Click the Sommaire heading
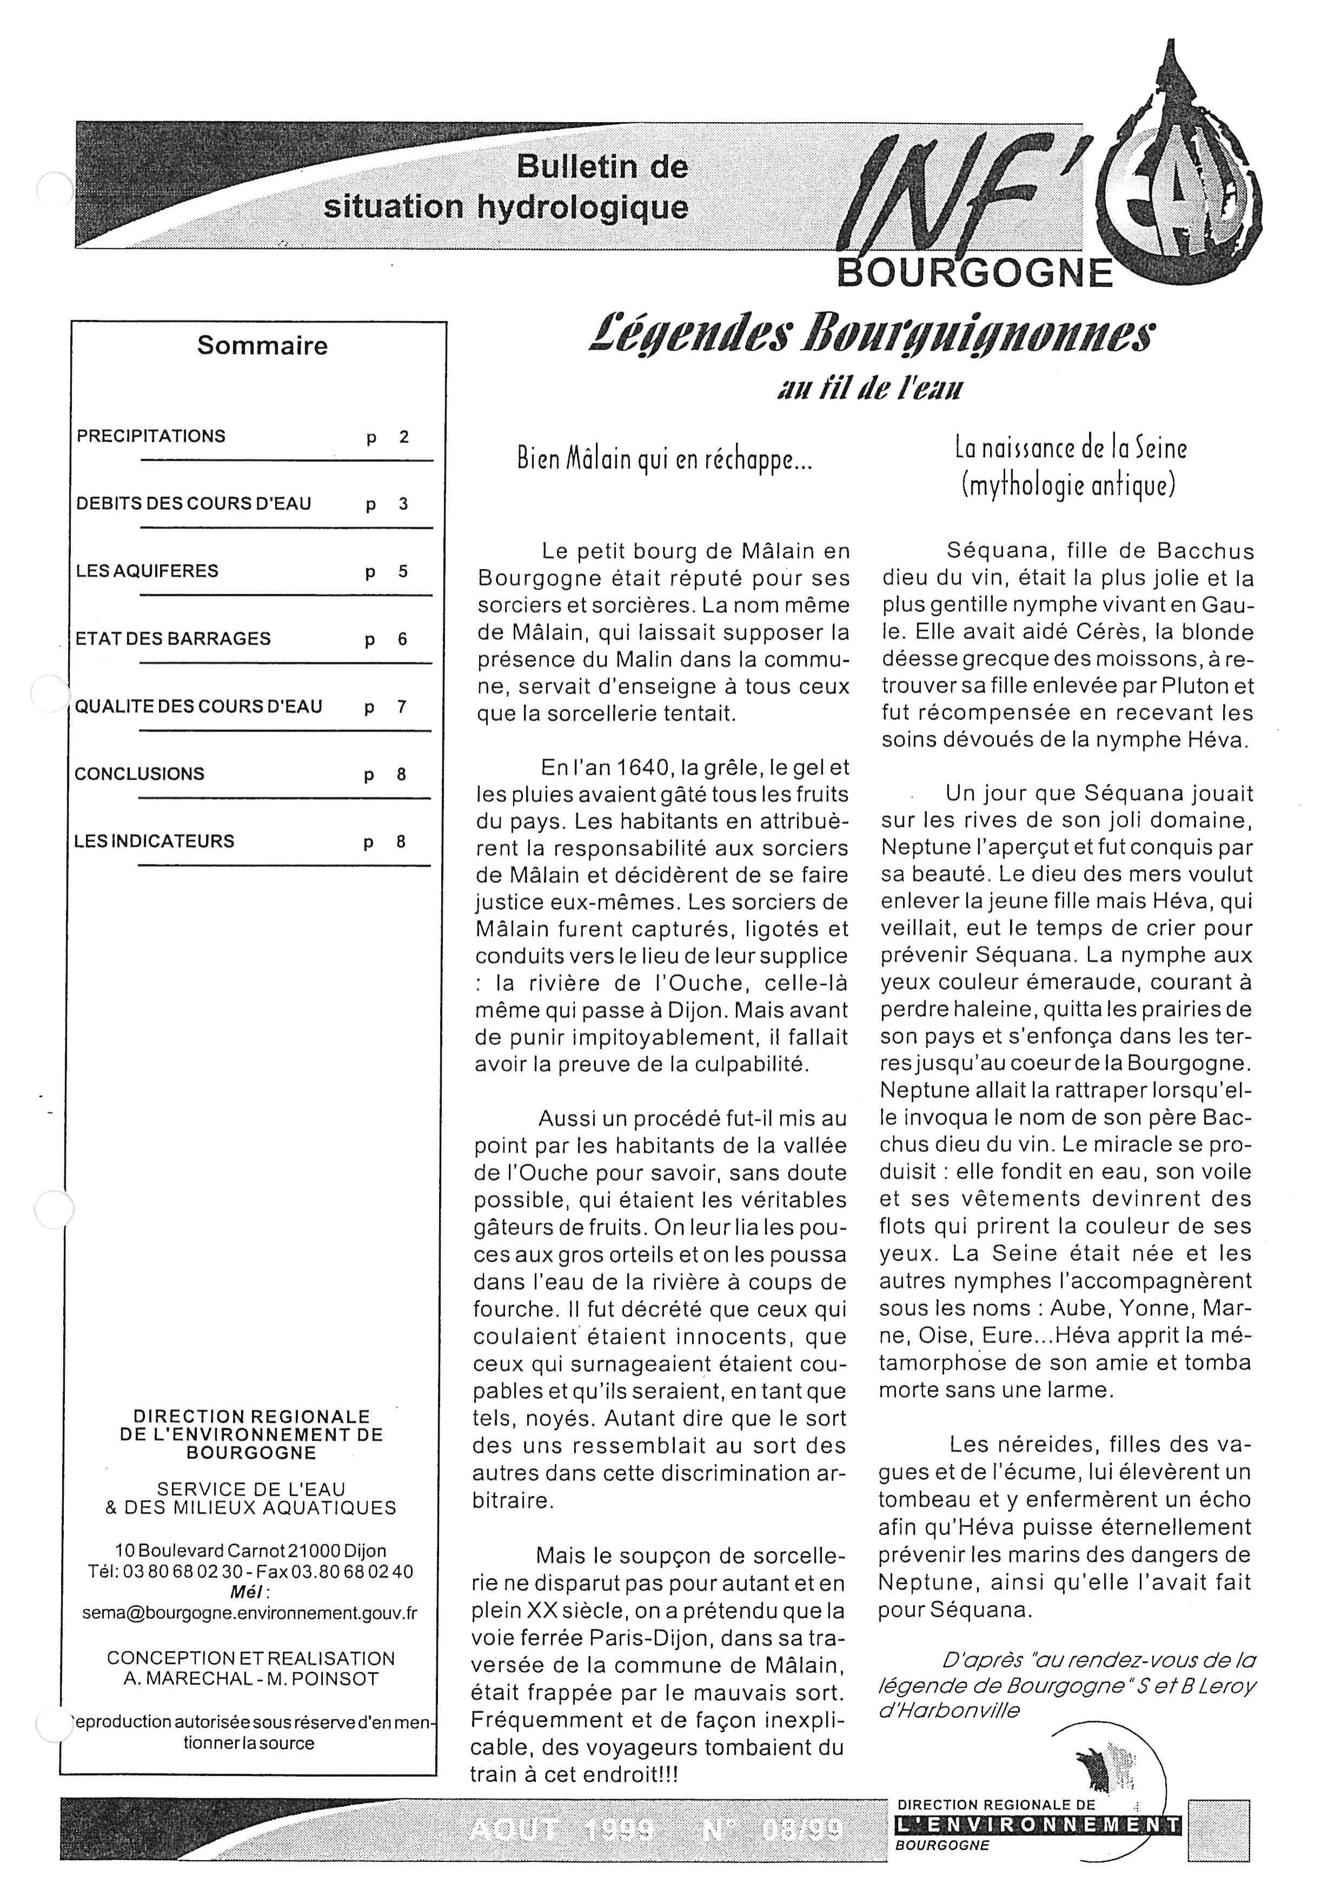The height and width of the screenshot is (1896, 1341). (262, 345)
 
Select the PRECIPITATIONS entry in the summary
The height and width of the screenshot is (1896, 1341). (151, 436)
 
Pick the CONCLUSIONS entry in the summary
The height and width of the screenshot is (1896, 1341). (140, 774)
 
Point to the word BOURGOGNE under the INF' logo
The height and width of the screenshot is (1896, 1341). (975, 272)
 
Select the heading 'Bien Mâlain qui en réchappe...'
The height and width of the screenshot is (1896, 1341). (665, 459)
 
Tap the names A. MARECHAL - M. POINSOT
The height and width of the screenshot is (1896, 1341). (251, 1679)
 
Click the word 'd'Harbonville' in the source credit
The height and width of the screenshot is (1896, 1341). (949, 1709)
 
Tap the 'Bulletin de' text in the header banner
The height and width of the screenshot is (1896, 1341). (602, 167)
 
